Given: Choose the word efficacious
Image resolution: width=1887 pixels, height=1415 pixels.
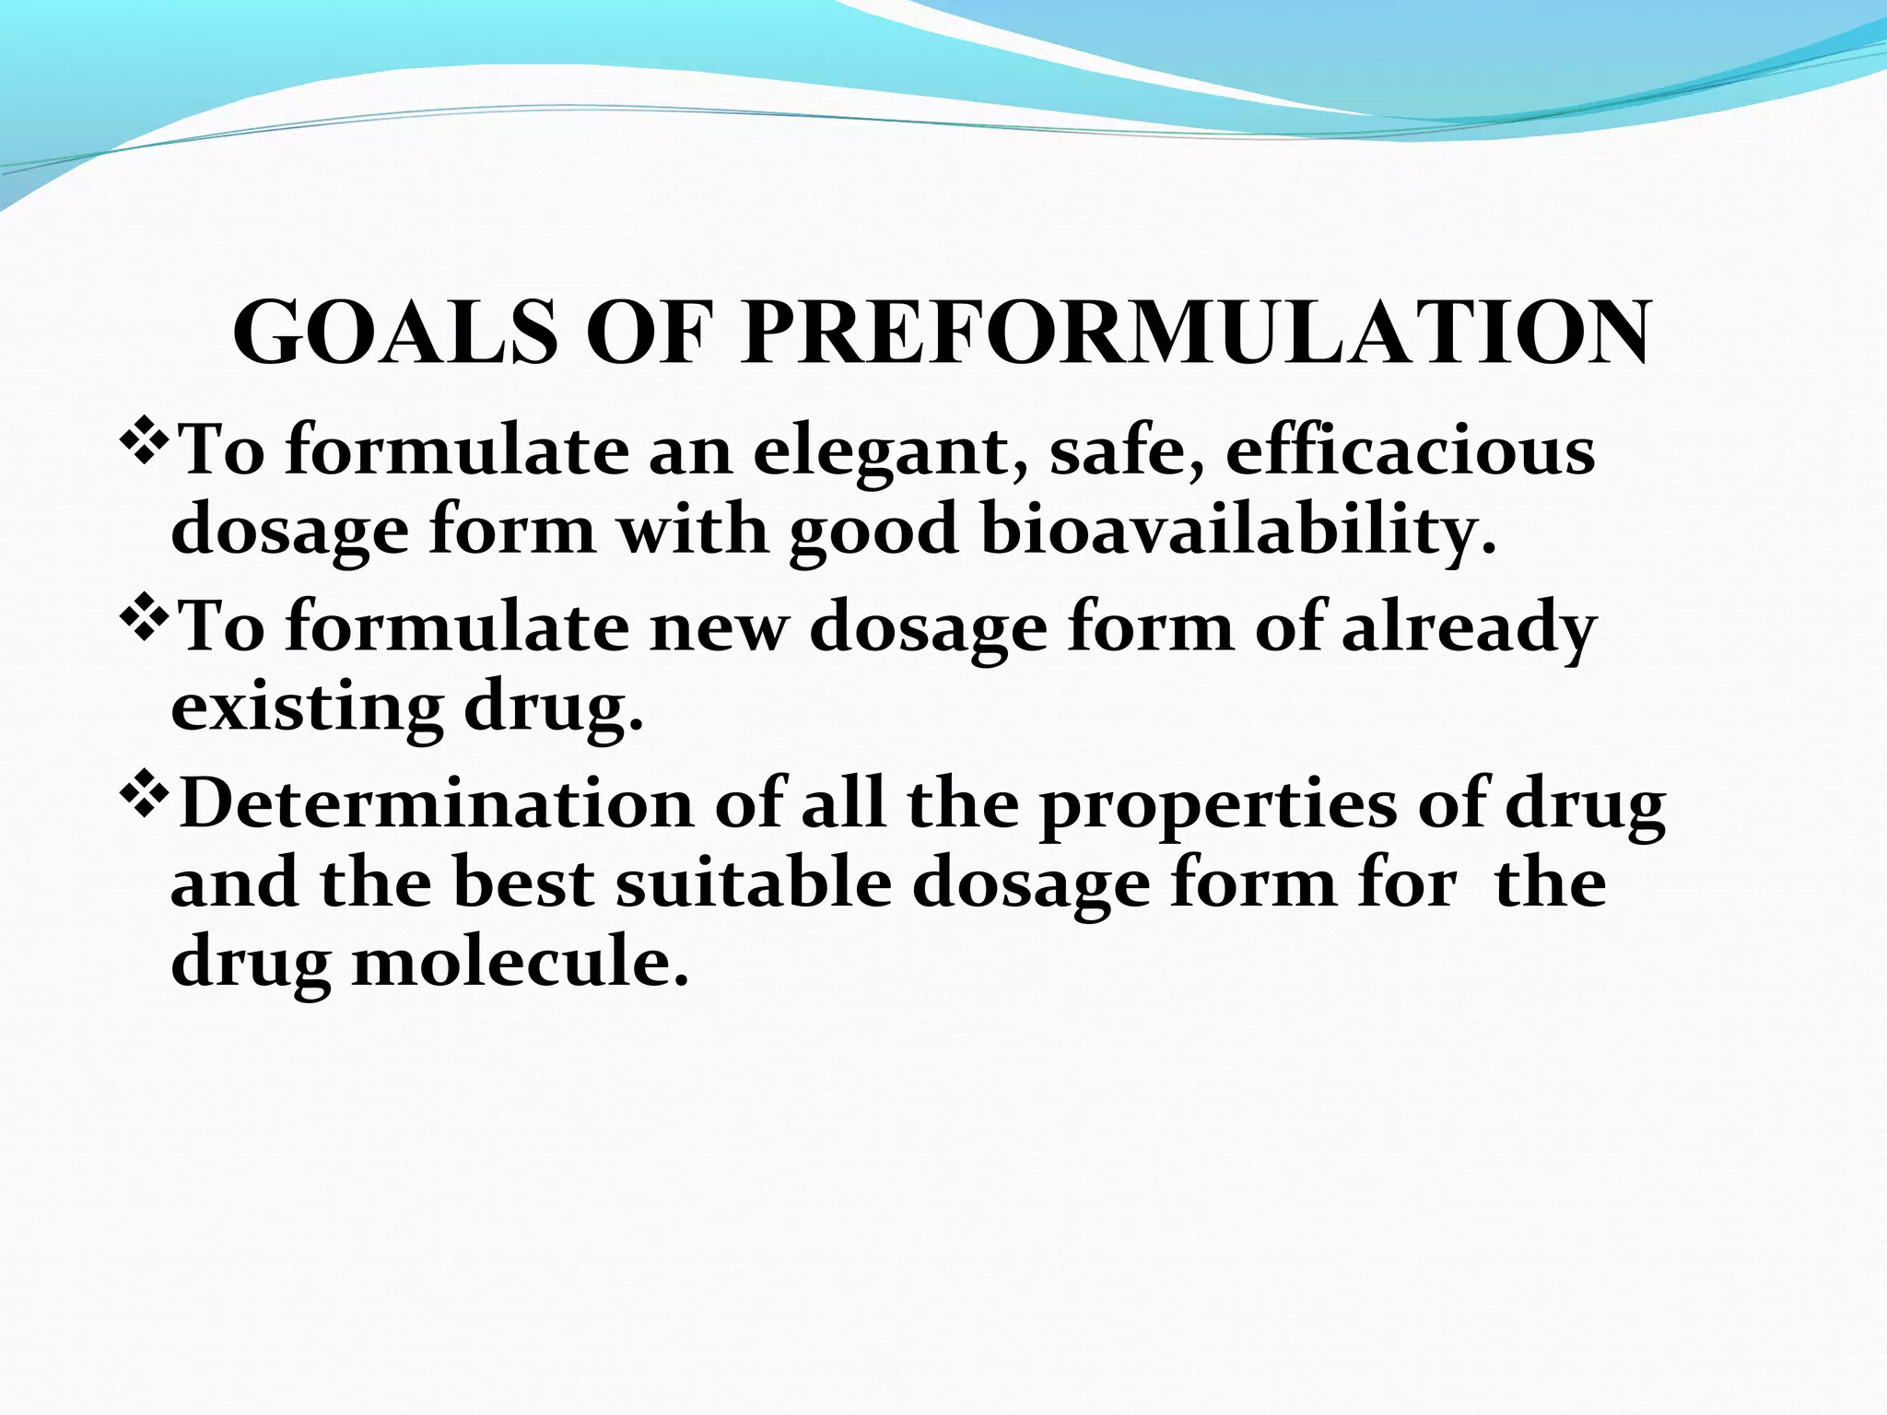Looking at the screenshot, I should click(x=1410, y=451).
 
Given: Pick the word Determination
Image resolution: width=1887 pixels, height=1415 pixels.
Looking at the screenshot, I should click(x=436, y=803).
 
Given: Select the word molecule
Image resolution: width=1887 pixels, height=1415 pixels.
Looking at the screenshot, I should click(x=521, y=963).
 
